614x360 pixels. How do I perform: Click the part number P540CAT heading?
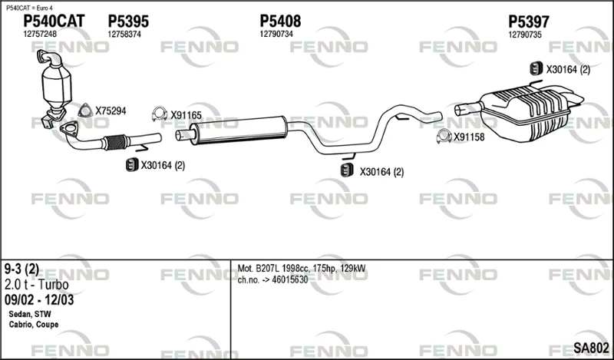pyautogui.click(x=54, y=21)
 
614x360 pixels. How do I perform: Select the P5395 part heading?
pyautogui.click(x=128, y=21)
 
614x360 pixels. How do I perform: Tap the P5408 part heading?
pyautogui.click(x=280, y=21)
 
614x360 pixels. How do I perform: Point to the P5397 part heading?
pyautogui.click(x=529, y=21)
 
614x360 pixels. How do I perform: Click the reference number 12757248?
pyautogui.click(x=40, y=34)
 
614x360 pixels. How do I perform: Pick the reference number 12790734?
pyautogui.click(x=276, y=34)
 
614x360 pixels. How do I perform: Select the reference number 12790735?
pyautogui.click(x=525, y=35)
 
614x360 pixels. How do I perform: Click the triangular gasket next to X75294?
pyautogui.click(x=85, y=111)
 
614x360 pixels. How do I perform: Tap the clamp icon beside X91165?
pyautogui.click(x=160, y=114)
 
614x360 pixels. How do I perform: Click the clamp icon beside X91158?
pyautogui.click(x=444, y=136)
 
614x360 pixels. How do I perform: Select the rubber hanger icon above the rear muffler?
pyautogui.click(x=536, y=68)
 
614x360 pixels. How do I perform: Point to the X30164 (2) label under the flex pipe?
pyautogui.click(x=163, y=165)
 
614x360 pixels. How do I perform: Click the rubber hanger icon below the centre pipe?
pyautogui.click(x=347, y=170)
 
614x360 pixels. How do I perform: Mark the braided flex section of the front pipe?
pyautogui.click(x=116, y=142)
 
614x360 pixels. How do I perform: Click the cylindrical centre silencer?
pyautogui.click(x=239, y=130)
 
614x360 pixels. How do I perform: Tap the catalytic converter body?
pyautogui.click(x=56, y=84)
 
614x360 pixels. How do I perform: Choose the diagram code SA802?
pyautogui.click(x=591, y=348)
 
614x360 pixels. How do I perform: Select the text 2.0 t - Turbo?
pyautogui.click(x=36, y=285)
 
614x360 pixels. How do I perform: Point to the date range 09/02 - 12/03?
pyautogui.click(x=39, y=300)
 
